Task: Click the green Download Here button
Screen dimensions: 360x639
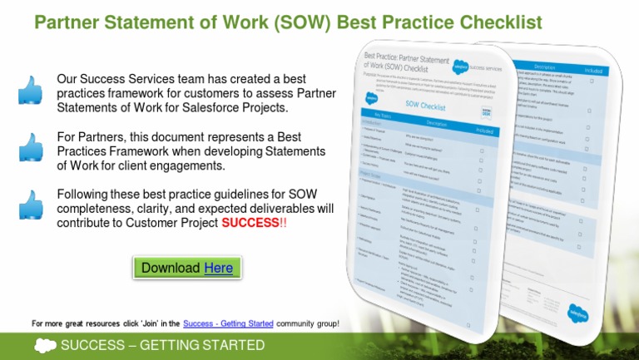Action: tap(187, 268)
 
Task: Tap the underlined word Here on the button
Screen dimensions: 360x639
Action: tap(218, 268)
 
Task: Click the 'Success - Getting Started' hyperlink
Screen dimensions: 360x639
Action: tap(228, 323)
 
